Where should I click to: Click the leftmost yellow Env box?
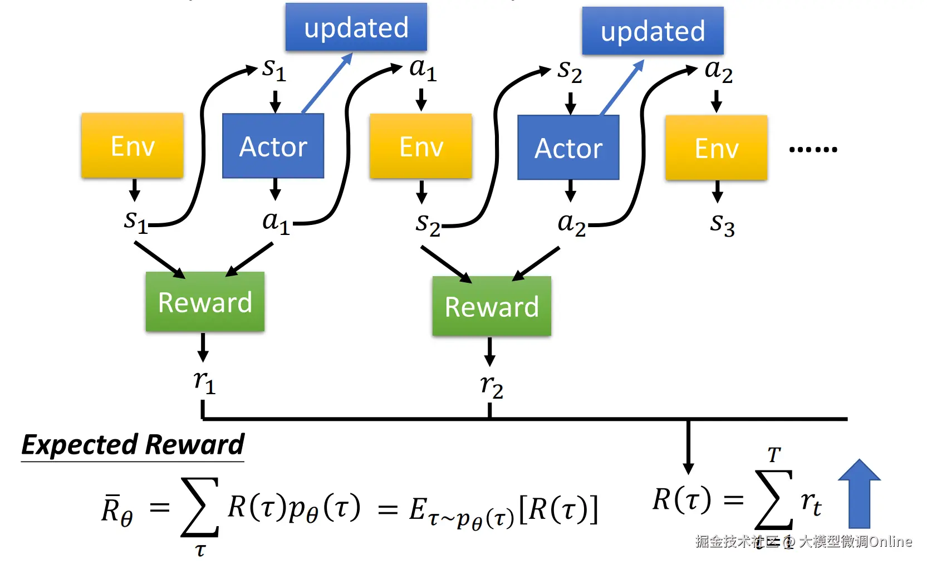coord(133,146)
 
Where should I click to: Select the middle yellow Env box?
coord(421,146)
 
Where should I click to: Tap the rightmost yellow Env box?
coord(717,148)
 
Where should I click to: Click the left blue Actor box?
coord(273,146)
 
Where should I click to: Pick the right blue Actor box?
coord(568,148)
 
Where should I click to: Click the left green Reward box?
coord(205,302)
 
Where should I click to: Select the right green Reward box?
coord(492,306)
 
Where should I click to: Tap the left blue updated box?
coord(356,27)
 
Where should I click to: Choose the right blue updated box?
coord(653,31)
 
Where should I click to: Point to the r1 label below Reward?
coord(204,382)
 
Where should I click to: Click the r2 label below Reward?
coord(492,386)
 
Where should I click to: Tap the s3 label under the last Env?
coord(722,224)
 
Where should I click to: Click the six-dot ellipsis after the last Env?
coord(813,149)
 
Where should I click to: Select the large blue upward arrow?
coord(859,494)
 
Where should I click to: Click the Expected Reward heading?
coord(133,445)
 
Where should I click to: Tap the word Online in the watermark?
coord(890,541)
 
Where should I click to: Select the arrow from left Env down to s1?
coord(134,190)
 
